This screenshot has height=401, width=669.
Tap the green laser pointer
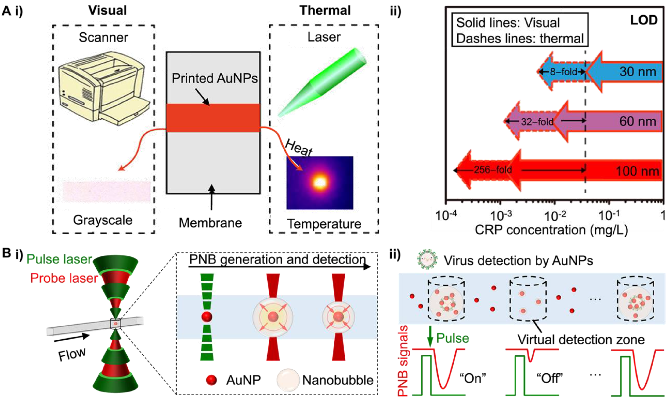coord(323,82)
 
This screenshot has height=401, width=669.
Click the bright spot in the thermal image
coord(320,183)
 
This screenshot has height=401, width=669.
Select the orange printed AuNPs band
coord(213,118)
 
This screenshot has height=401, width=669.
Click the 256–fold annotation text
coord(493,170)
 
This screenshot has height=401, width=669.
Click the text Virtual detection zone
coord(581,340)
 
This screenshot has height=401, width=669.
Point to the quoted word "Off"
coord(550,378)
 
